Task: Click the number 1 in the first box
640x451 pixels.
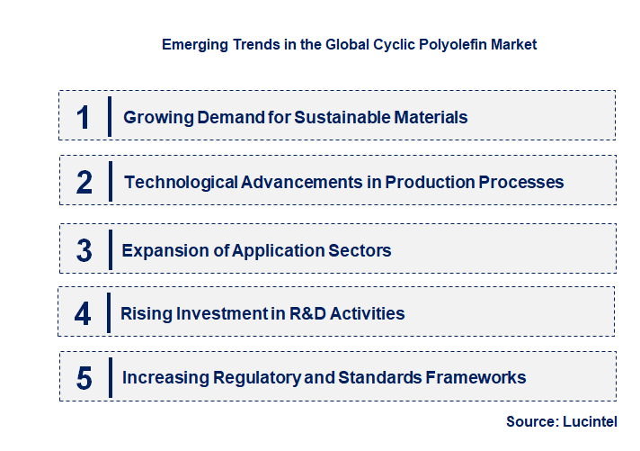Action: click(x=84, y=117)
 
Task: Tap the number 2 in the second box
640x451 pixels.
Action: click(x=84, y=183)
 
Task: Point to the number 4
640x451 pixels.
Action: click(x=84, y=314)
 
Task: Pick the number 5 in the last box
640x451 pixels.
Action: click(x=84, y=378)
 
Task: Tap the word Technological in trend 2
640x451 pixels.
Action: click(x=181, y=183)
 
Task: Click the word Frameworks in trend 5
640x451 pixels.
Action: click(x=476, y=377)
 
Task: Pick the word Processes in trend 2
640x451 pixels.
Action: click(x=525, y=183)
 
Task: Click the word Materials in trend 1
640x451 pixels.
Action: click(x=432, y=117)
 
